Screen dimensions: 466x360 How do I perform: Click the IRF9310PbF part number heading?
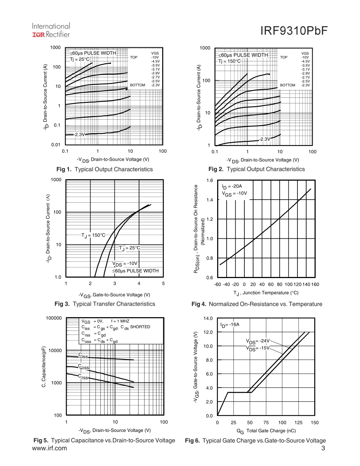point(293,31)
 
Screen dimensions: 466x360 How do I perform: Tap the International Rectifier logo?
point(51,30)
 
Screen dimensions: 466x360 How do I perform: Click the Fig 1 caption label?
point(63,169)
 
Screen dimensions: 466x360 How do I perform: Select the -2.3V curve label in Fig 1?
point(79,134)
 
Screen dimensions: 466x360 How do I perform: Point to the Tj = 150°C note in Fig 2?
point(229,61)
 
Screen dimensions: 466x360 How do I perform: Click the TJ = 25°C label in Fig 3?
point(129,248)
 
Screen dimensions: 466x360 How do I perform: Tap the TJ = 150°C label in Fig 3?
point(93,235)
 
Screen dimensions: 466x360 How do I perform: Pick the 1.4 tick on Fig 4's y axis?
point(210,200)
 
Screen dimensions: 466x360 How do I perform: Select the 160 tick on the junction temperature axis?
point(315,285)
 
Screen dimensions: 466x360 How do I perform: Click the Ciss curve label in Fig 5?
point(83,356)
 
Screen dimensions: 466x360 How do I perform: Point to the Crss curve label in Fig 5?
point(83,377)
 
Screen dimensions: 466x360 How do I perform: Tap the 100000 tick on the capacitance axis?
point(53,318)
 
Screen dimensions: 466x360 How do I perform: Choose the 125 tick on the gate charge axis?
point(299,423)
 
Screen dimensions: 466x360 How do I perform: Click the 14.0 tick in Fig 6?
point(209,318)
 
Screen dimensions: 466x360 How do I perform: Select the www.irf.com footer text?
point(50,449)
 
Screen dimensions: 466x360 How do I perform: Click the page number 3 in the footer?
point(323,449)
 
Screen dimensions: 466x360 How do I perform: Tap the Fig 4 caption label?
point(199,304)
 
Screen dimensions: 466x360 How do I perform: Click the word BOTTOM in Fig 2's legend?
point(287,85)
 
